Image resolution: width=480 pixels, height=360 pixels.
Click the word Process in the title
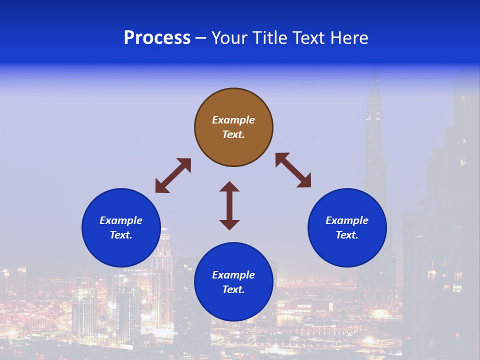tap(157, 38)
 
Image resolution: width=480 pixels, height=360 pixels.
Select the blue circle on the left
tap(121, 250)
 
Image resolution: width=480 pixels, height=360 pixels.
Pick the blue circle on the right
tap(347, 250)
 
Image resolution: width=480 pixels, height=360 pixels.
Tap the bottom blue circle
tap(233, 305)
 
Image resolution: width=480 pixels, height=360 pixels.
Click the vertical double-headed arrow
tap(229, 205)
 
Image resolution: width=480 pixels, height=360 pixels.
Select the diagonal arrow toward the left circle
tap(173, 175)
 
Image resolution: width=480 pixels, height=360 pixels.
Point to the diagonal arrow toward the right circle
tap(293, 170)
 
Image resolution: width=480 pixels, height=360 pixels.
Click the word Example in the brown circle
tap(233, 120)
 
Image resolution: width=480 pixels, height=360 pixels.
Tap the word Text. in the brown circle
tap(233, 134)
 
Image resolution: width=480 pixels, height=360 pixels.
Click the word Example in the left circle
tap(121, 220)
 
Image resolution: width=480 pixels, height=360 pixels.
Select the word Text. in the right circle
tap(347, 235)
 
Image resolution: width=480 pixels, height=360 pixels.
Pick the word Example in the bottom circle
tap(233, 275)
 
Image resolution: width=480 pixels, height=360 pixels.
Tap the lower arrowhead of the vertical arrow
tap(229, 224)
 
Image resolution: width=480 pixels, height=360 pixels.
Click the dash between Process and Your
tap(201, 38)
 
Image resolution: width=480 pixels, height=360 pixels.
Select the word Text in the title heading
tap(305, 38)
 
